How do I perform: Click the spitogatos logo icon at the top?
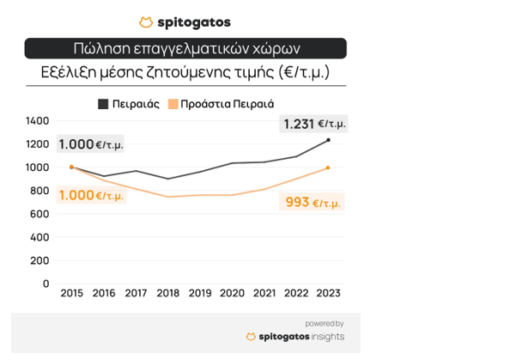(146, 22)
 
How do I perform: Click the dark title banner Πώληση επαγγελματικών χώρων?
(185, 48)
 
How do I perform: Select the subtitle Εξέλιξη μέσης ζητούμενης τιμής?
(185, 72)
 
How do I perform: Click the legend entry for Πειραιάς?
(130, 104)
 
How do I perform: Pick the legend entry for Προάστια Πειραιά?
(221, 104)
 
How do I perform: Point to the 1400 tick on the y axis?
(38, 120)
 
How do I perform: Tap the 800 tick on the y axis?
(40, 190)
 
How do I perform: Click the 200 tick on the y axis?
(40, 259)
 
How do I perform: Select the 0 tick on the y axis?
(46, 283)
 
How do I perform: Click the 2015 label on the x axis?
(71, 293)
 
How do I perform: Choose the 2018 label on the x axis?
(167, 293)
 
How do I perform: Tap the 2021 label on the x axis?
(264, 293)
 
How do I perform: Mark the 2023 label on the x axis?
(328, 293)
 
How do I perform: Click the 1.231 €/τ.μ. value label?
(314, 124)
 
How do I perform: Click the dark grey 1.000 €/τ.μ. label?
(91, 144)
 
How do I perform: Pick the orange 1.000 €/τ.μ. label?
(91, 195)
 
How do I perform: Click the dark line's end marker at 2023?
(328, 140)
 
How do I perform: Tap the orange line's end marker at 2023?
(328, 168)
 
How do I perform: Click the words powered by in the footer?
(324, 323)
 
